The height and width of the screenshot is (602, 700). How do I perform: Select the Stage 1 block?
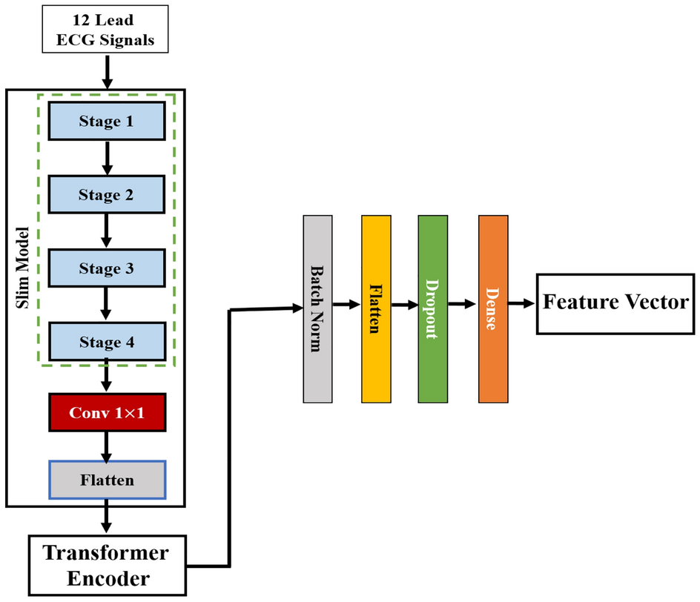pyautogui.click(x=107, y=121)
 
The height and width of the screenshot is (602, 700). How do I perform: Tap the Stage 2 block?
pyautogui.click(x=107, y=195)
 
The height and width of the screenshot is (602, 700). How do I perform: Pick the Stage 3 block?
pyautogui.click(x=107, y=268)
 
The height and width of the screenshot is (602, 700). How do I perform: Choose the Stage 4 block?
pyautogui.click(x=107, y=342)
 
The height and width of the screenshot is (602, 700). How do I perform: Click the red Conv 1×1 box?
pyautogui.click(x=107, y=412)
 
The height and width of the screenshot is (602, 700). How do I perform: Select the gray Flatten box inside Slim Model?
pyautogui.click(x=107, y=480)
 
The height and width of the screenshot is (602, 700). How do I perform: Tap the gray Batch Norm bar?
pyautogui.click(x=316, y=308)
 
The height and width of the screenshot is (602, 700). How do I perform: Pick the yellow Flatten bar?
pyautogui.click(x=375, y=308)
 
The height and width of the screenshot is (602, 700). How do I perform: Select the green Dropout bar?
pyautogui.click(x=433, y=308)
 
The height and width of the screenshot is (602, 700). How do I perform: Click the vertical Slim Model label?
pyautogui.click(x=22, y=297)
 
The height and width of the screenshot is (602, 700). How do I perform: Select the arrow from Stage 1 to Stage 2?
pyautogui.click(x=107, y=158)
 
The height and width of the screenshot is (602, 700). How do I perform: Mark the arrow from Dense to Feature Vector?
pyautogui.click(x=522, y=303)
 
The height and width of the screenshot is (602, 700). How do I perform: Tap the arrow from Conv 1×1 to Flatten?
pyautogui.click(x=107, y=446)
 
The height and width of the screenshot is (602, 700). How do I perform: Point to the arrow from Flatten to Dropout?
pyautogui.click(x=403, y=304)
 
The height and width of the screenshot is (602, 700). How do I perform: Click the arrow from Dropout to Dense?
pyautogui.click(x=463, y=303)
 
